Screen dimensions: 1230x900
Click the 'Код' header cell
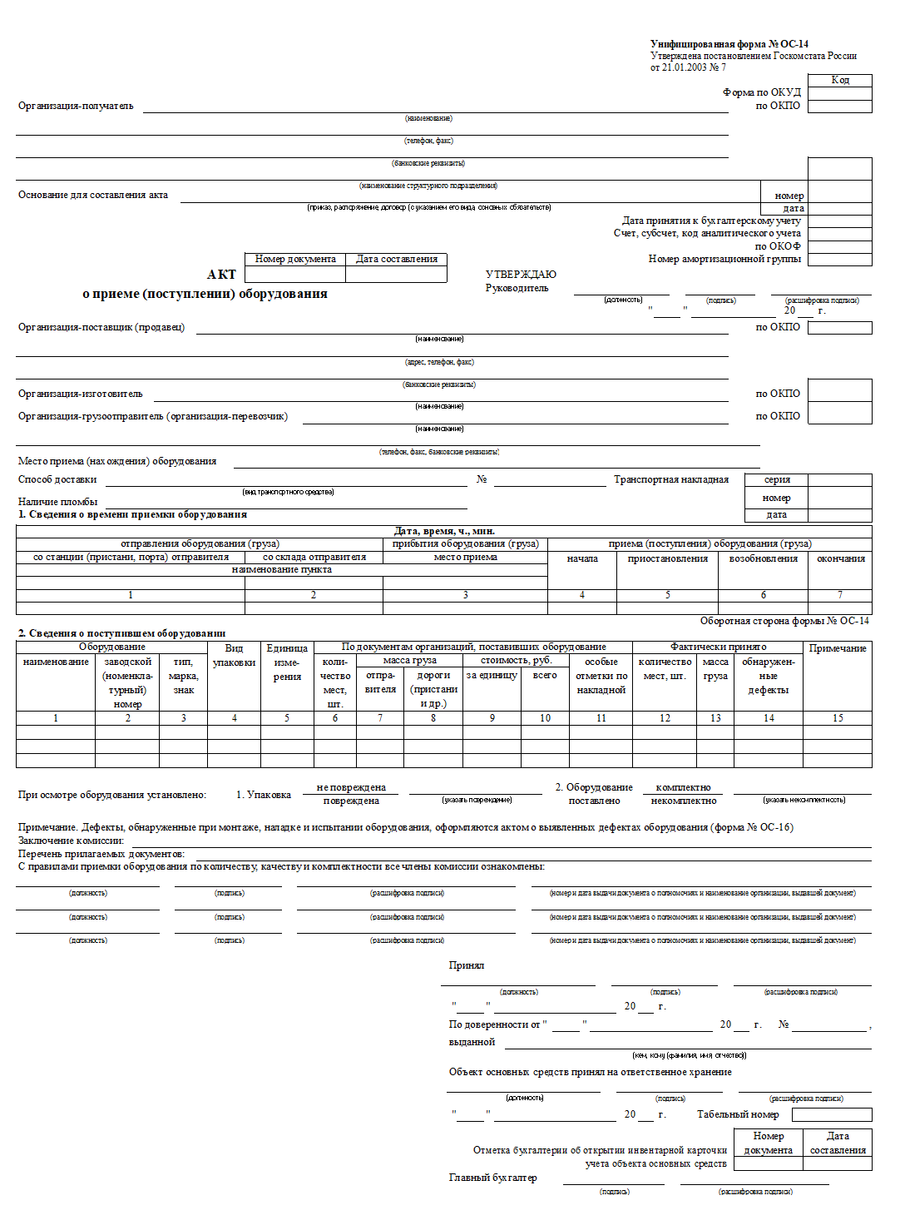click(x=840, y=80)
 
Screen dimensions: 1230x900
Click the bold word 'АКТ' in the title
click(x=221, y=275)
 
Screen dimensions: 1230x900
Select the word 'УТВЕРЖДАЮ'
click(x=521, y=275)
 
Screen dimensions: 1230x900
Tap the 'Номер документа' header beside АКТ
click(x=295, y=259)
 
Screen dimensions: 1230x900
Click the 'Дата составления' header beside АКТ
click(x=397, y=259)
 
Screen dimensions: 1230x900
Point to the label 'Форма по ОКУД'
click(x=761, y=92)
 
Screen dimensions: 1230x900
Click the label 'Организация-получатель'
click(x=76, y=106)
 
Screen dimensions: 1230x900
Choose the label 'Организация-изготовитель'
click(x=81, y=394)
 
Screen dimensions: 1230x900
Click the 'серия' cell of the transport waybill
click(x=777, y=479)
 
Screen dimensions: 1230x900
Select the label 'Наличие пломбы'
click(x=58, y=502)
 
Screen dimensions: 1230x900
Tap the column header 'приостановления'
click(x=667, y=558)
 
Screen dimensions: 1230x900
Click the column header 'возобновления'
click(x=763, y=558)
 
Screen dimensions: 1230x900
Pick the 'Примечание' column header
click(x=838, y=648)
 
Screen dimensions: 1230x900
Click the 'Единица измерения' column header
click(x=287, y=662)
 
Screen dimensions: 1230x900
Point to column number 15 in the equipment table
click(x=838, y=718)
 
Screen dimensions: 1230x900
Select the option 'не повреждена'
click(x=351, y=787)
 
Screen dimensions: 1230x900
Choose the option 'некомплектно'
click(x=683, y=801)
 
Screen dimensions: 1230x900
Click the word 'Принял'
click(x=467, y=965)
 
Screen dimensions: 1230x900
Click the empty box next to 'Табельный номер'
click(x=832, y=1114)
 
